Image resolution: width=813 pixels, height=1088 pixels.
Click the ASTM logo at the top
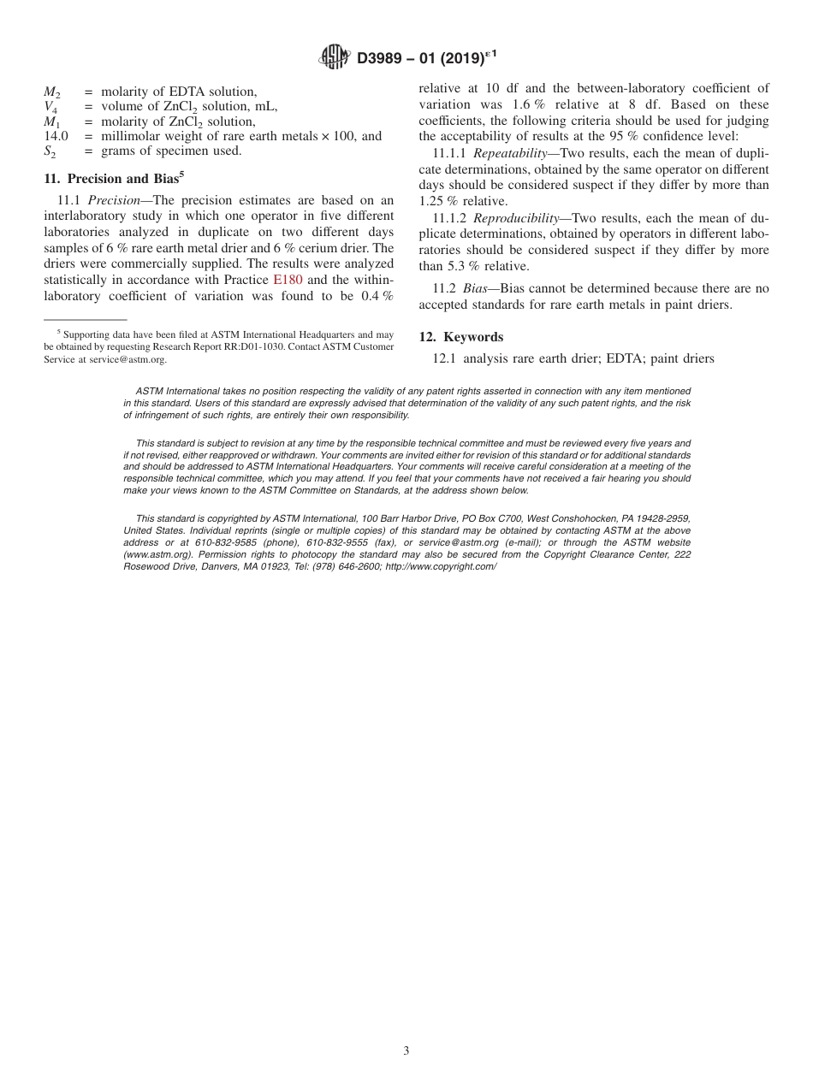tap(334, 57)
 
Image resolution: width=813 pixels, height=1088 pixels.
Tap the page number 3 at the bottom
tap(406, 1051)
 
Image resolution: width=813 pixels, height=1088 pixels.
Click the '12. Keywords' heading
tap(460, 337)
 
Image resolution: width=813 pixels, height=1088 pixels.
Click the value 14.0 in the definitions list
tap(56, 136)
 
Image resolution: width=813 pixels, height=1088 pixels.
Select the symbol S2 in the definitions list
tap(51, 151)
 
